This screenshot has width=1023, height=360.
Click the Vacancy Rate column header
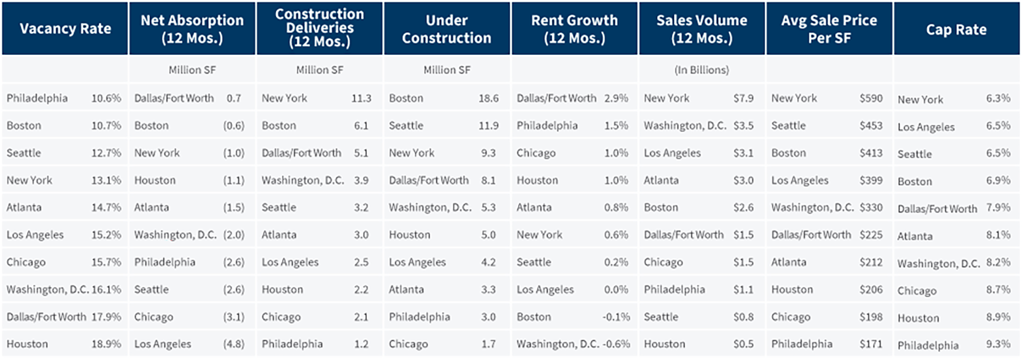click(65, 29)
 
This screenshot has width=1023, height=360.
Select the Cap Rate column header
click(956, 30)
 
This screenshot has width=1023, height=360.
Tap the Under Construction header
click(447, 29)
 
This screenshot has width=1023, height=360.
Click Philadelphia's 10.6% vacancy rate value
click(106, 98)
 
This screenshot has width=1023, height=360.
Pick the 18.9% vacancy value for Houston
click(106, 344)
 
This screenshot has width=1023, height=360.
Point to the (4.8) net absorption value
click(234, 344)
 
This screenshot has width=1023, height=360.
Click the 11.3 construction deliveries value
click(361, 98)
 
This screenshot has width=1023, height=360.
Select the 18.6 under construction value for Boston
click(488, 98)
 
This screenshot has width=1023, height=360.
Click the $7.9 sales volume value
click(743, 98)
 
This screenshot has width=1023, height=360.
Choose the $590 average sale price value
click(871, 98)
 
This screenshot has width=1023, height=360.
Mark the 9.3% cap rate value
click(998, 344)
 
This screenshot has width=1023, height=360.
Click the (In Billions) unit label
click(701, 70)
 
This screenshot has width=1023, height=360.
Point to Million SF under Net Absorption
click(192, 70)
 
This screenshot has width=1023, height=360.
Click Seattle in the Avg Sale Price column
click(788, 126)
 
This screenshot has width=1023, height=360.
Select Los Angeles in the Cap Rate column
click(926, 127)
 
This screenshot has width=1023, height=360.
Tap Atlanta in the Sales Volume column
click(661, 181)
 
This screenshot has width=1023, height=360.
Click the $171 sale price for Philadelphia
click(871, 344)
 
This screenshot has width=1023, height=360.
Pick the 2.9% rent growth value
click(616, 98)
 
